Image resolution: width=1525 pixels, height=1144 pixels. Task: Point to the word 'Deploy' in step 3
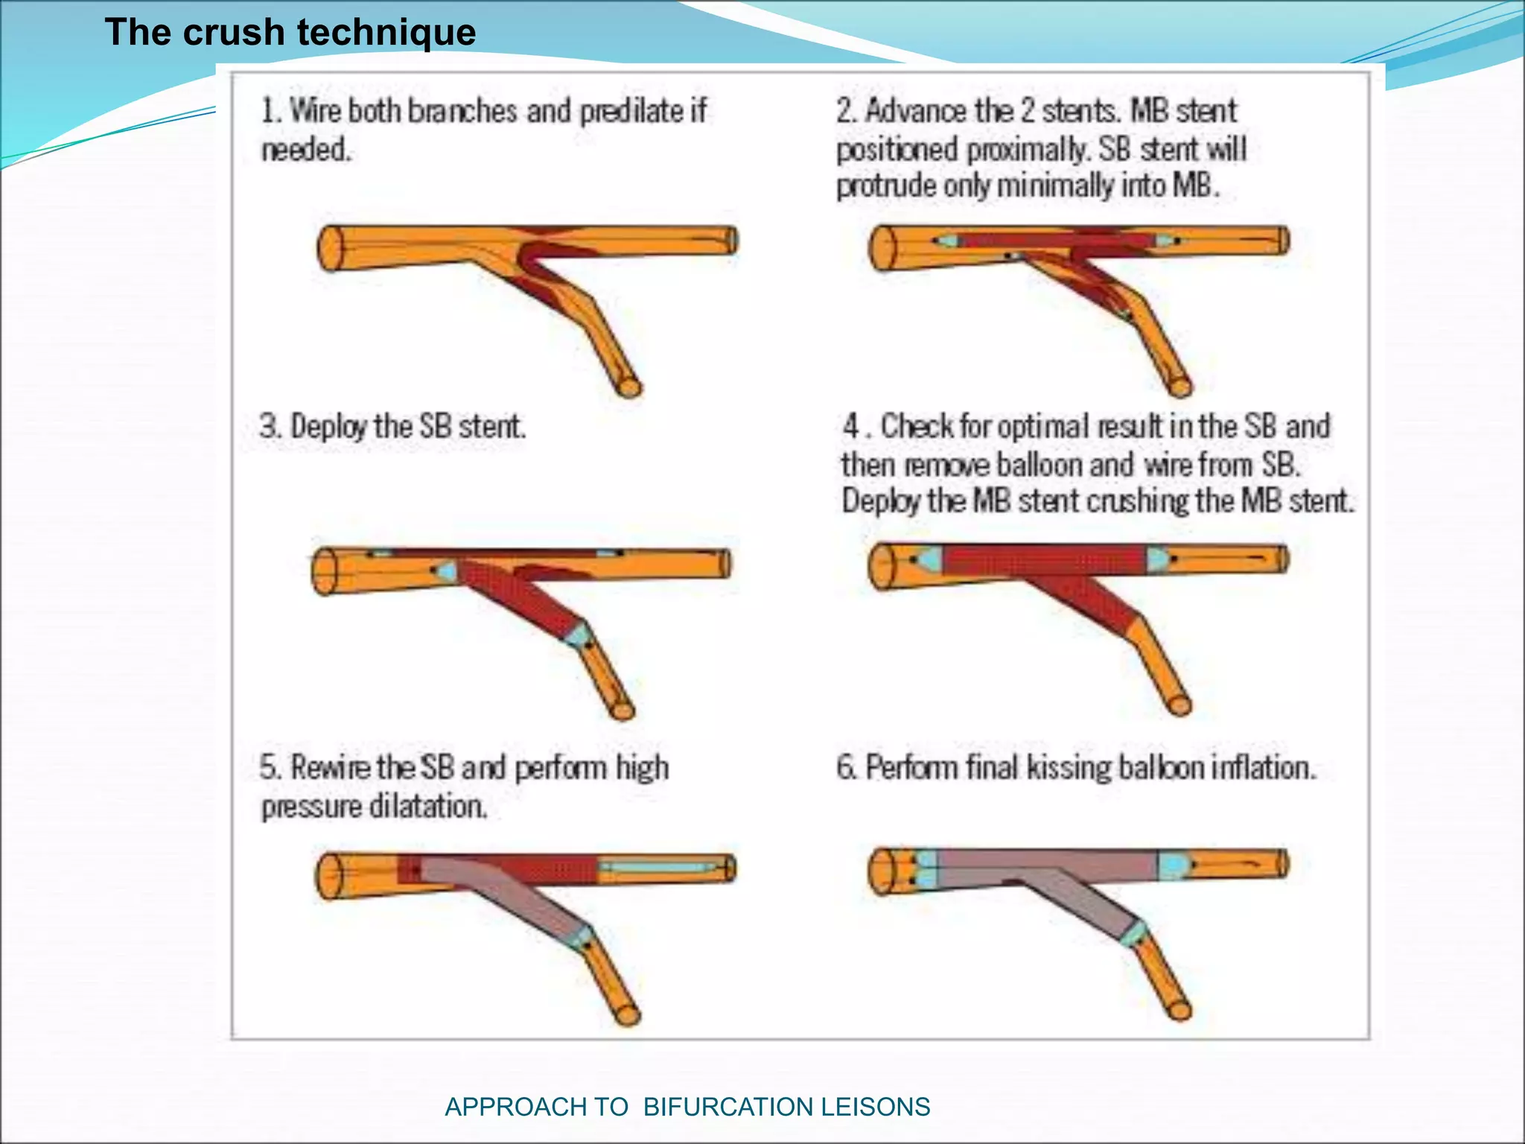click(328, 427)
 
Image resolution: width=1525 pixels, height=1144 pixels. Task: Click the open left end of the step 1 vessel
click(328, 249)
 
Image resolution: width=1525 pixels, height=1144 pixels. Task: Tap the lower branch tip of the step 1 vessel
click(629, 387)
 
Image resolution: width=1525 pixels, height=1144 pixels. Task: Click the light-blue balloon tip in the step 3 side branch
click(578, 636)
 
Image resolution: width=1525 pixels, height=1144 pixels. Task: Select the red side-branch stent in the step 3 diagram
click(521, 596)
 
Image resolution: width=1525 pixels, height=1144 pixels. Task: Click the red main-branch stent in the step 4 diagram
click(1042, 560)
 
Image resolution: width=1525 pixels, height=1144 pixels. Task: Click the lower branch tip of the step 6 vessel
click(1179, 1009)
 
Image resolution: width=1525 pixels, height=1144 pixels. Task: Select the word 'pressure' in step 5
click(313, 807)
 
